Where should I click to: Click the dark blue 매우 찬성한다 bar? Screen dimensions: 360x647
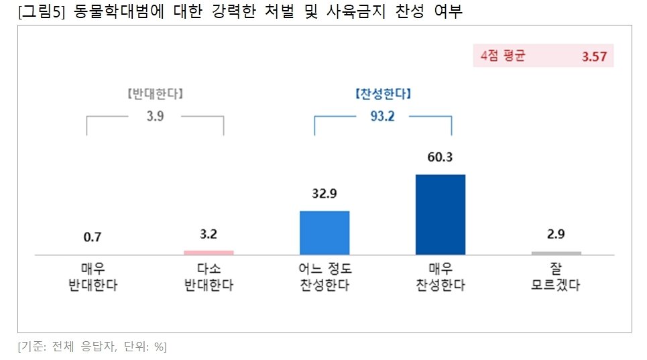tap(440, 215)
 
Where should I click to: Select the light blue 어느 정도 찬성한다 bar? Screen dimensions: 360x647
tap(325, 233)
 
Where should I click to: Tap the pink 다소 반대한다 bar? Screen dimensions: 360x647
tap(209, 253)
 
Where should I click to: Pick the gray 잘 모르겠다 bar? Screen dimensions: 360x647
tap(556, 253)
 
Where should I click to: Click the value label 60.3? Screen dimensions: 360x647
tap(440, 158)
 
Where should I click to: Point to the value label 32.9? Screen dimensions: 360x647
tap(325, 194)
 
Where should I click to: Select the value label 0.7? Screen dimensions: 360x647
tap(93, 236)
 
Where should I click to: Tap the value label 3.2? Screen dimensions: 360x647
tap(209, 234)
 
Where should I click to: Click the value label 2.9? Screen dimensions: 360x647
tap(556, 235)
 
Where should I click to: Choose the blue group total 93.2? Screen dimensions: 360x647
tap(382, 116)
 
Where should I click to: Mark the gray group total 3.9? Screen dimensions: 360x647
tap(155, 116)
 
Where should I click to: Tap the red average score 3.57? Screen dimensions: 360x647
tap(594, 56)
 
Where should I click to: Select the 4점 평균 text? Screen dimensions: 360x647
tap(503, 56)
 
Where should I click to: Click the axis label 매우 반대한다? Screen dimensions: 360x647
tap(93, 277)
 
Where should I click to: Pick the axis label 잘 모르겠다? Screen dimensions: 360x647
tap(556, 277)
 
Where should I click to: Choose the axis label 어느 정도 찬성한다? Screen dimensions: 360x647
tap(325, 277)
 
